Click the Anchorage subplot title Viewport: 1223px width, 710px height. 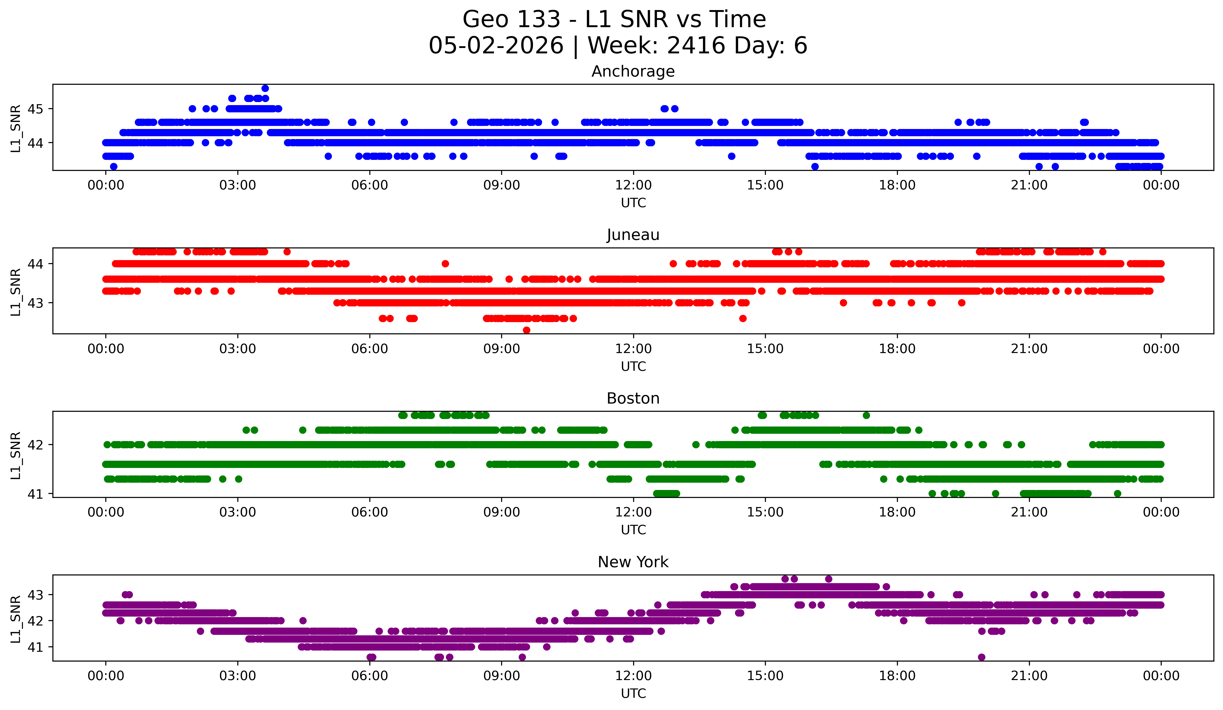(x=633, y=71)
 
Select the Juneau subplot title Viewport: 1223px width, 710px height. (x=633, y=235)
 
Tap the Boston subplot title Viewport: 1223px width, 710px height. (x=633, y=398)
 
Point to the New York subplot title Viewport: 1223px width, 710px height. (x=633, y=562)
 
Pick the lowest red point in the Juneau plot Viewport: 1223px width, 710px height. (x=527, y=330)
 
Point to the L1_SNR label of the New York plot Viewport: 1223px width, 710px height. (x=15, y=619)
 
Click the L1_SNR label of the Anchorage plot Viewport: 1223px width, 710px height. (x=15, y=129)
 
